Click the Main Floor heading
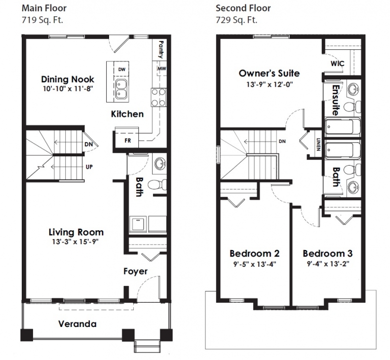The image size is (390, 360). [44, 8]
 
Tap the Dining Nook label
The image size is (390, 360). [68, 79]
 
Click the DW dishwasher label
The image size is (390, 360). [121, 69]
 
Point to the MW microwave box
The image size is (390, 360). [161, 69]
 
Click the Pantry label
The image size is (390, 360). [161, 49]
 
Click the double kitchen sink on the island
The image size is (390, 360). [121, 87]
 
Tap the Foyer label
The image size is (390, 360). [135, 272]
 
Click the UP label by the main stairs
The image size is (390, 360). [89, 167]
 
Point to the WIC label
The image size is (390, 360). [337, 65]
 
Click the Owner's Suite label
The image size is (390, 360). [269, 74]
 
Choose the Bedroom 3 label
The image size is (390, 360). [327, 253]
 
